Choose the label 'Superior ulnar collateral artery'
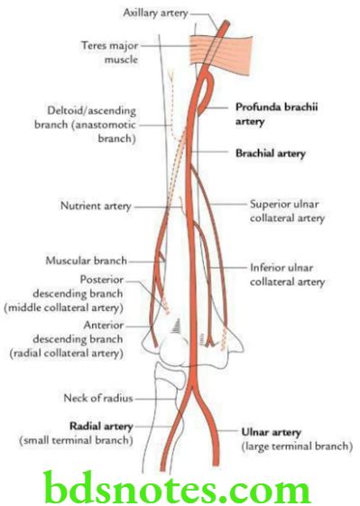287,210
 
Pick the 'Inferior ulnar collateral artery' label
287,275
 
